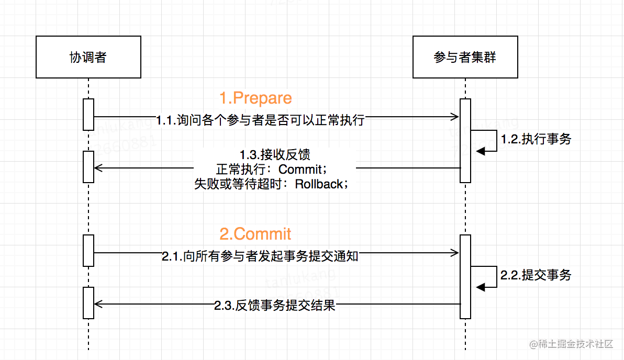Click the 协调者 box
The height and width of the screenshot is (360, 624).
tap(88, 57)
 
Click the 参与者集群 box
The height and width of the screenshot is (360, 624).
tap(465, 57)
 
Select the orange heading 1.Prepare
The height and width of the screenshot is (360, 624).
tap(255, 98)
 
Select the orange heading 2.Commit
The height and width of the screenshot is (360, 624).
tap(255, 233)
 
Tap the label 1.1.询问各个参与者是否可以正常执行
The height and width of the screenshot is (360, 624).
tap(260, 120)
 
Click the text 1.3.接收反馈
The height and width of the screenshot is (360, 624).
tap(275, 155)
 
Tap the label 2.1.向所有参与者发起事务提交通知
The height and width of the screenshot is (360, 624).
tap(260, 256)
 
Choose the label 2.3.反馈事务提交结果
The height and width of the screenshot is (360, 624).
tap(275, 306)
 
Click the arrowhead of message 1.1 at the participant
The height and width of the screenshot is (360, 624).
tap(455, 117)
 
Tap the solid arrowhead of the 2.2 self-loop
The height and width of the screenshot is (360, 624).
tap(480, 286)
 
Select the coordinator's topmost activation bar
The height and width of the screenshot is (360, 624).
tap(88, 114)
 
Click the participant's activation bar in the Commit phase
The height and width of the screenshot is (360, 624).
tap(465, 276)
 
